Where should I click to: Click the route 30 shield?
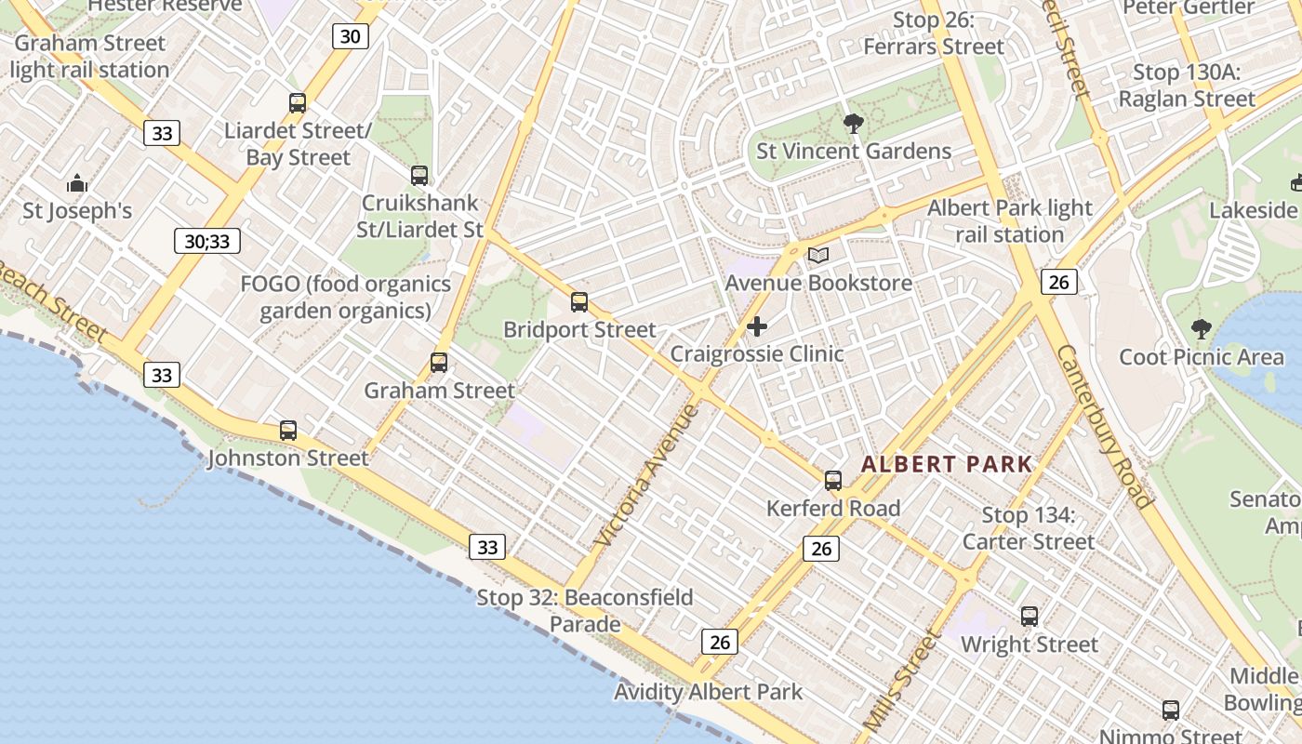351,36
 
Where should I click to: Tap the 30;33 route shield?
207,242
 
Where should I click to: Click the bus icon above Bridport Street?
579,302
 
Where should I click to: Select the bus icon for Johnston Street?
288,431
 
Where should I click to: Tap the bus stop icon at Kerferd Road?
833,481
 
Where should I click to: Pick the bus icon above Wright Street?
1030,617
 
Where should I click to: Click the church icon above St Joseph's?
77,183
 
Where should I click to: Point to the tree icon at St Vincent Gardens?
853,124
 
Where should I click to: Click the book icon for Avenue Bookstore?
817,255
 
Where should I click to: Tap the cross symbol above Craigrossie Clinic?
757,326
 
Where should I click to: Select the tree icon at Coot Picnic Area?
1202,329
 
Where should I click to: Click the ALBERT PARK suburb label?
947,464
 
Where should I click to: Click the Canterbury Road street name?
1105,425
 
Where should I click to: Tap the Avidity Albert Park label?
708,692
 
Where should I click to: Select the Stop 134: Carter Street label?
1029,528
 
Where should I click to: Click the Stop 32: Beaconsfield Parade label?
585,610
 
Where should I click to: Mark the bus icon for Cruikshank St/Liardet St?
419,175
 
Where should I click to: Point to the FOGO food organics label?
346,298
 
